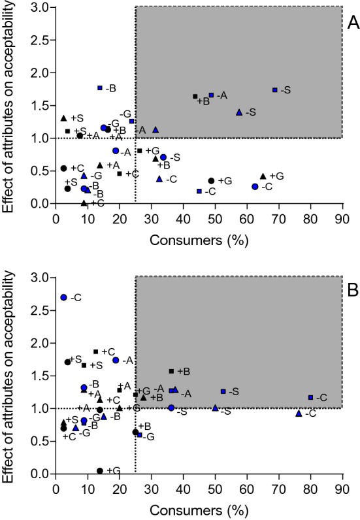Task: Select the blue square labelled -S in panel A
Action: click(x=275, y=89)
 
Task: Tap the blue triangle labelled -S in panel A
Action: click(x=239, y=112)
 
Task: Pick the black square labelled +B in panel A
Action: click(x=195, y=97)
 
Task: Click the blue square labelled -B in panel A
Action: click(x=100, y=88)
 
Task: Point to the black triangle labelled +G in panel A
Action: click(x=263, y=176)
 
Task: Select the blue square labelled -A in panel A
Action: click(x=211, y=95)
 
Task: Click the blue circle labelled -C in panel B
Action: click(x=63, y=297)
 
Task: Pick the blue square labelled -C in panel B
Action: click(x=310, y=397)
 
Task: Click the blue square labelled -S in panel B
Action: click(x=223, y=391)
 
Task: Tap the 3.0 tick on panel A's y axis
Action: click(x=42, y=7)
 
